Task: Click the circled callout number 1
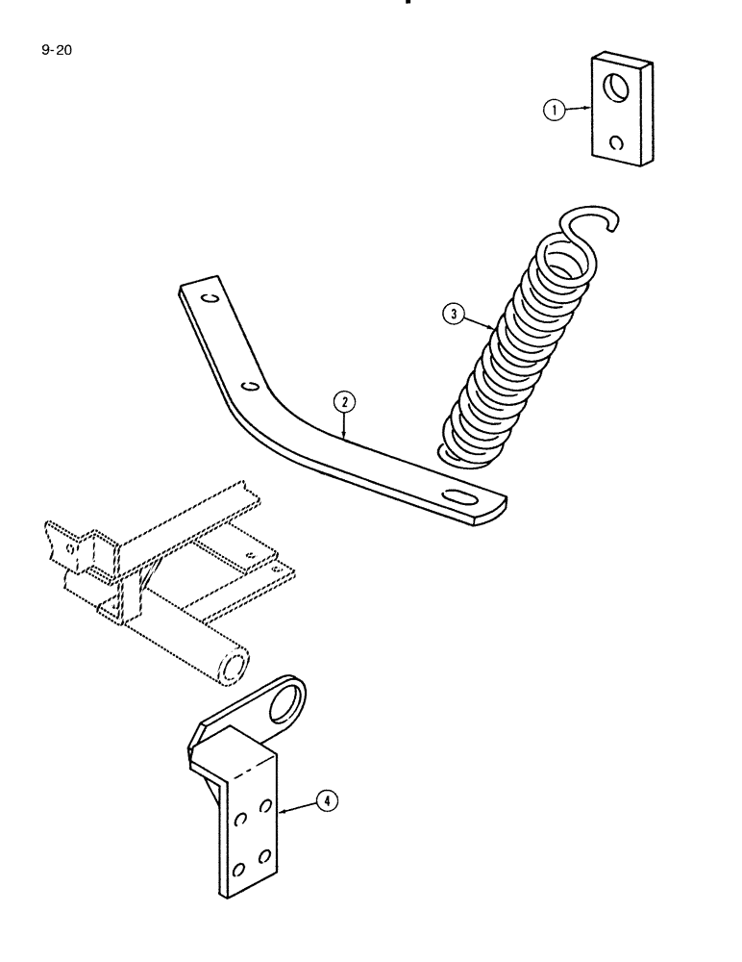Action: point(555,111)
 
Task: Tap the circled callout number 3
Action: point(453,313)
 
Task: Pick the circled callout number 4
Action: point(327,799)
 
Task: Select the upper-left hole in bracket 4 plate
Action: point(241,819)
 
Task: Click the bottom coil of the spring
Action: point(471,452)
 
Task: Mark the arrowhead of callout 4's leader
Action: point(281,813)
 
